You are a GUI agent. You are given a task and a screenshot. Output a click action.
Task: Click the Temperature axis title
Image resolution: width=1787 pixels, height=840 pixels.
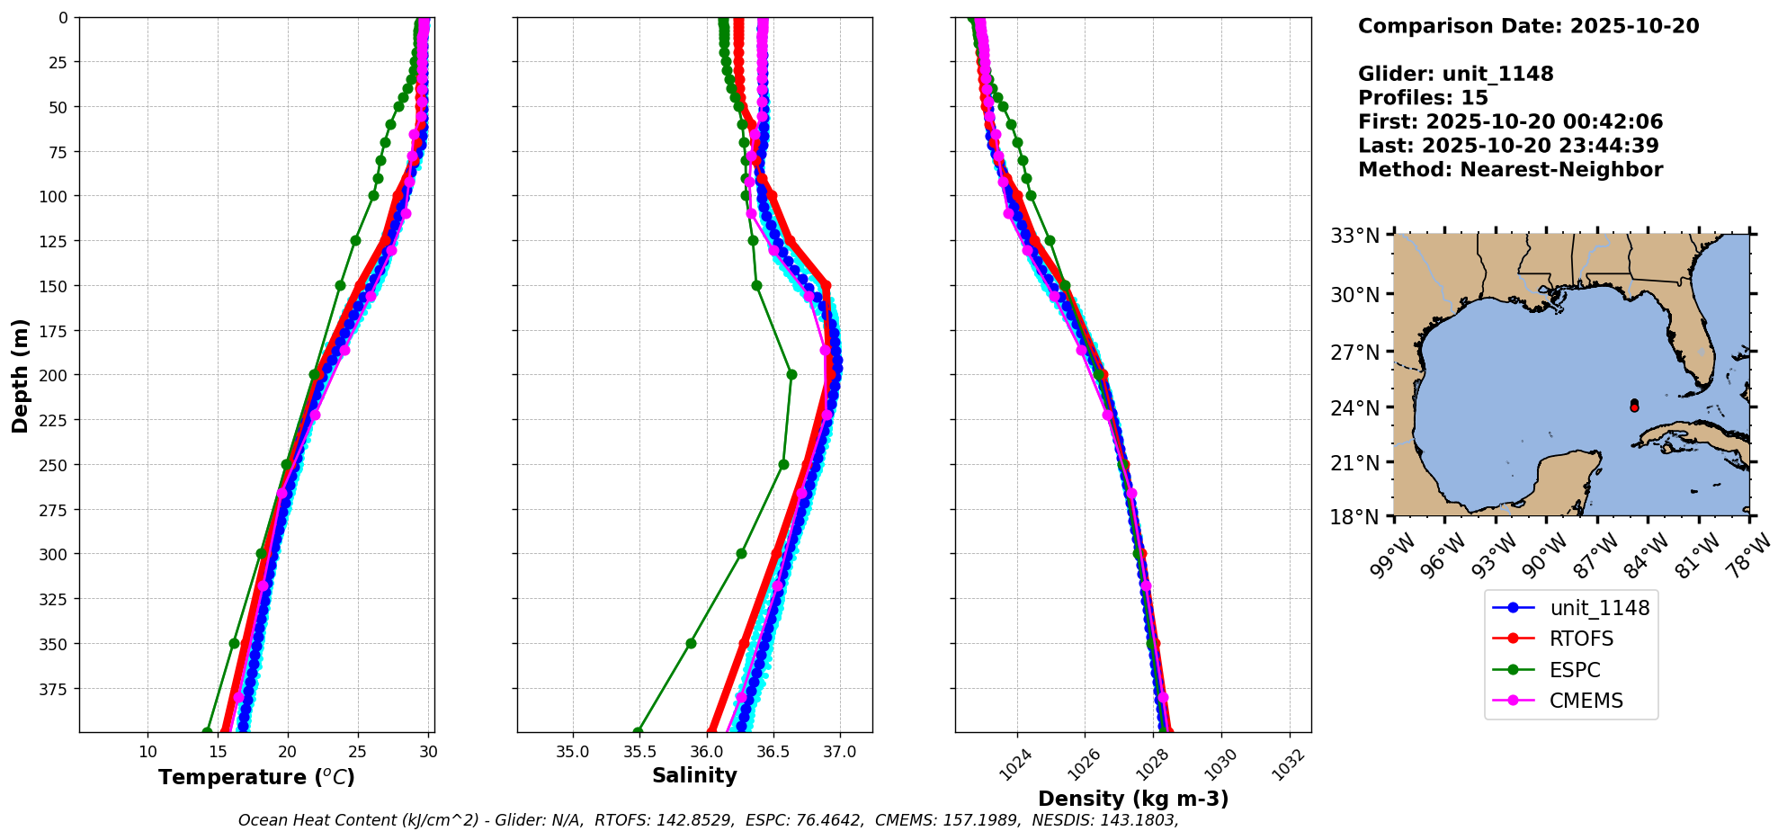256,777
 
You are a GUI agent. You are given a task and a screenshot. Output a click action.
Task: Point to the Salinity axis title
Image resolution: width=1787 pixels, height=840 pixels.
694,775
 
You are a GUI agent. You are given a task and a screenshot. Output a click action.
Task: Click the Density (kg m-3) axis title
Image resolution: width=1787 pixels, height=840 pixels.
1133,799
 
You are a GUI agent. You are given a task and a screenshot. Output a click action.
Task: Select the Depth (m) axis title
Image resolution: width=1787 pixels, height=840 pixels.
20,375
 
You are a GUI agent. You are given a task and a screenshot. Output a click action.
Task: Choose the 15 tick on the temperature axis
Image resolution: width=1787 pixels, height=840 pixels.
218,752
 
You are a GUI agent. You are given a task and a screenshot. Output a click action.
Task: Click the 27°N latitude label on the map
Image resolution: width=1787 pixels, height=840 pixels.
1354,352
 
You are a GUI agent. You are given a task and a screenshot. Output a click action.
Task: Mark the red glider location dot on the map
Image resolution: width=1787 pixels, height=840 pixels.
1634,407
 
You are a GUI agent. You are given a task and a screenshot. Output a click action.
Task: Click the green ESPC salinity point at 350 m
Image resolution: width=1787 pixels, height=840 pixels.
691,643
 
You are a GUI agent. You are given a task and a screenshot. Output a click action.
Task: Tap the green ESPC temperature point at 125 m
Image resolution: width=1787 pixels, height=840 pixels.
355,240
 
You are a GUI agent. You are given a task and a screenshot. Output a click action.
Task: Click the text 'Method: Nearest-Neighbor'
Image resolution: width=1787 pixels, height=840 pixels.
1510,170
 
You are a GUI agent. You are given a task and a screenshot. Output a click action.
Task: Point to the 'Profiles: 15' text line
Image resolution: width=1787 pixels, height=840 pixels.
1423,98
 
